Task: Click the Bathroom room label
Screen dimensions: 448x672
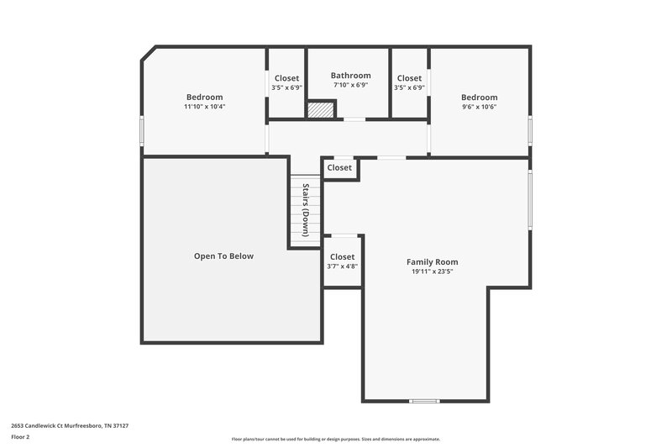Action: click(350, 76)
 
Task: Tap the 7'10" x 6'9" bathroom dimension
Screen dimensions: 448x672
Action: click(350, 86)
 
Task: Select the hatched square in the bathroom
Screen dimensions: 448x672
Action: click(320, 110)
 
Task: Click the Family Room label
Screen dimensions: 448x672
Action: click(432, 261)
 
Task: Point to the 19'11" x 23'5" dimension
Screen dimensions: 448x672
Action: click(432, 271)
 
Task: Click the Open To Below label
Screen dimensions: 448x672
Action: click(223, 256)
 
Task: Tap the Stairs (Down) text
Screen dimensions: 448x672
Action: click(307, 210)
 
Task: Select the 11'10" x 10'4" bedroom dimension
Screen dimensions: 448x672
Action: click(204, 107)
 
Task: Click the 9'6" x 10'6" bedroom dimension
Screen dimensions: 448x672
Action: click(479, 107)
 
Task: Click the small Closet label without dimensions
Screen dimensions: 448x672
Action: click(339, 168)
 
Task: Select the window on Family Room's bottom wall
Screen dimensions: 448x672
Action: click(424, 400)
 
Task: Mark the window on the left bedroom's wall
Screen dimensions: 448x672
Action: click(142, 130)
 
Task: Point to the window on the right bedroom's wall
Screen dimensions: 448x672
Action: click(530, 130)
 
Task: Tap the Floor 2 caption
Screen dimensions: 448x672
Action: click(21, 437)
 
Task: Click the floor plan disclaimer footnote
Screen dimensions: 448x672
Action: click(335, 439)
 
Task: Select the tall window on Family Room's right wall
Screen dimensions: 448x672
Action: click(530, 199)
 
